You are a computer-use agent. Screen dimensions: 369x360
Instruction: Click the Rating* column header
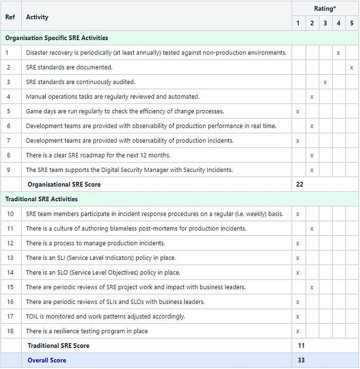click(x=325, y=9)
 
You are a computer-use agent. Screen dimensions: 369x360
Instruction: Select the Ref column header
click(x=10, y=17)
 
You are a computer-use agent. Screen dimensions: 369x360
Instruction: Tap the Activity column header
click(x=37, y=17)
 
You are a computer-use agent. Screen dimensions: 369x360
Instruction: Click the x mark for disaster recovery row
click(x=338, y=52)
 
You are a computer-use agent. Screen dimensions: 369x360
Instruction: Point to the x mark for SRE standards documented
click(x=352, y=67)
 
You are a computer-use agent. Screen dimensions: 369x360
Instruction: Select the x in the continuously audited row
click(x=325, y=82)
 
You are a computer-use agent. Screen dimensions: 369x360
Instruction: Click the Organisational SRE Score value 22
click(x=300, y=184)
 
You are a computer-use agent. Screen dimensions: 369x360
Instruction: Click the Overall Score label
click(x=47, y=360)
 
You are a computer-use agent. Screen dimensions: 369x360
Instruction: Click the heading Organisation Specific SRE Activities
click(x=57, y=38)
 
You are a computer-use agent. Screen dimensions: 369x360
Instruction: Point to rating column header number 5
click(x=352, y=23)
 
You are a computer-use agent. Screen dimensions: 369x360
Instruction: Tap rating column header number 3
click(x=325, y=23)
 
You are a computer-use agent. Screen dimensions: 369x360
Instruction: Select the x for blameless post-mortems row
click(x=312, y=229)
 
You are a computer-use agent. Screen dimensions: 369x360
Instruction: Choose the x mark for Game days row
click(x=298, y=111)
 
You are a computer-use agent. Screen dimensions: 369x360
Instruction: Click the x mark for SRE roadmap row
click(x=312, y=155)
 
